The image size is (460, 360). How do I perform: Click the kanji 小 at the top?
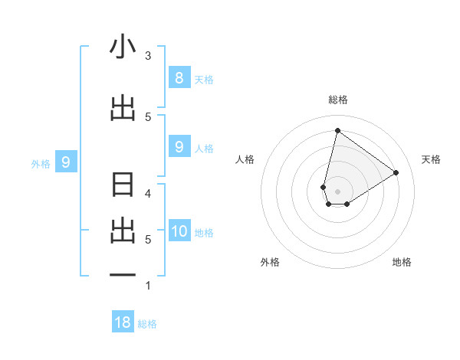click(x=123, y=47)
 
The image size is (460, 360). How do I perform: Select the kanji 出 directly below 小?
click(x=123, y=107)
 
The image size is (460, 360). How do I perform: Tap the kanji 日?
click(x=123, y=186)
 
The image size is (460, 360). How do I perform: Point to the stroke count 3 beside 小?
click(x=148, y=56)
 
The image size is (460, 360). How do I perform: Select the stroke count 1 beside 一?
click(x=148, y=286)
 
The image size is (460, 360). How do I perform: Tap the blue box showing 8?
click(x=179, y=77)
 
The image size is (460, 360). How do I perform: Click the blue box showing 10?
click(x=179, y=231)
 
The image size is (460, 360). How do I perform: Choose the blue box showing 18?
click(x=123, y=322)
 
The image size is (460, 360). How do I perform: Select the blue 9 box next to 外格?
click(x=66, y=162)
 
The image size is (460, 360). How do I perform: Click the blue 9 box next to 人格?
click(x=179, y=146)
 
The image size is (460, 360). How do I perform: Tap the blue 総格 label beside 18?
click(x=147, y=324)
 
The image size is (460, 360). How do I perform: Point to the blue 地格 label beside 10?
click(x=204, y=233)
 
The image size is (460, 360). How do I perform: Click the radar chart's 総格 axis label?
click(x=337, y=100)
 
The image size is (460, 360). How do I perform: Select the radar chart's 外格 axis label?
click(x=270, y=262)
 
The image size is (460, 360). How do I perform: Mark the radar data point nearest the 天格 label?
click(x=396, y=172)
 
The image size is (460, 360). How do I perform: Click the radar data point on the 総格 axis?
click(x=337, y=130)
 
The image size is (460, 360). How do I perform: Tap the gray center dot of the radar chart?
click(x=337, y=191)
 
